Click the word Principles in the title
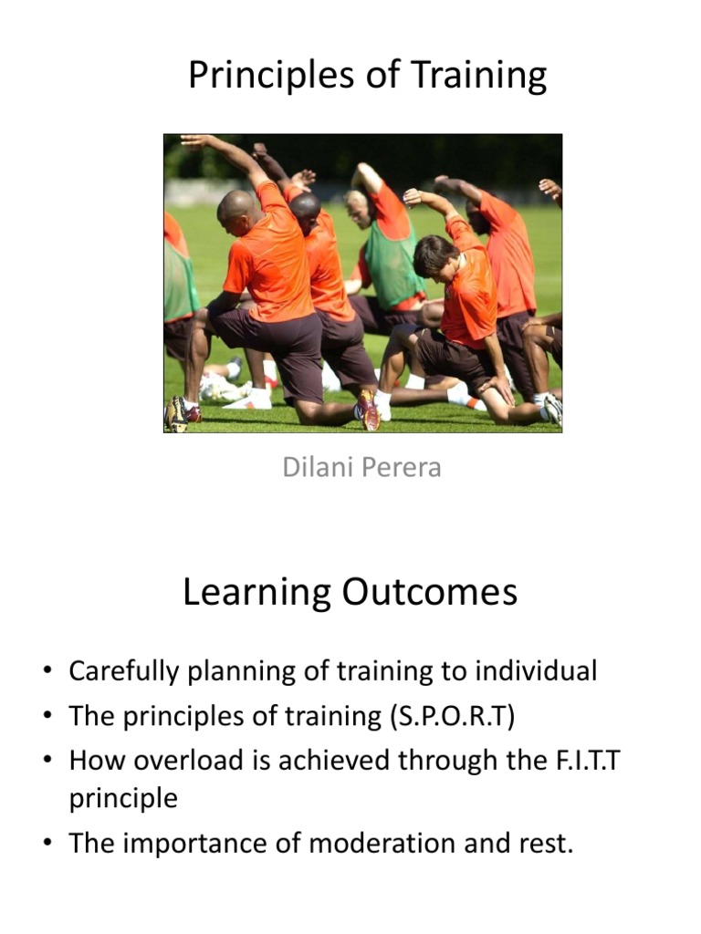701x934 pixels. (x=271, y=76)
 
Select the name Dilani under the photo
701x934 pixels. (x=319, y=467)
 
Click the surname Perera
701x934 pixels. (x=402, y=467)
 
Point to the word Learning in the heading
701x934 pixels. (x=256, y=593)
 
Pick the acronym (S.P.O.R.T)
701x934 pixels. (x=453, y=716)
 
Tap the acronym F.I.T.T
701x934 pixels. (x=589, y=760)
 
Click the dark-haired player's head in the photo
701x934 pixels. (x=435, y=257)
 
